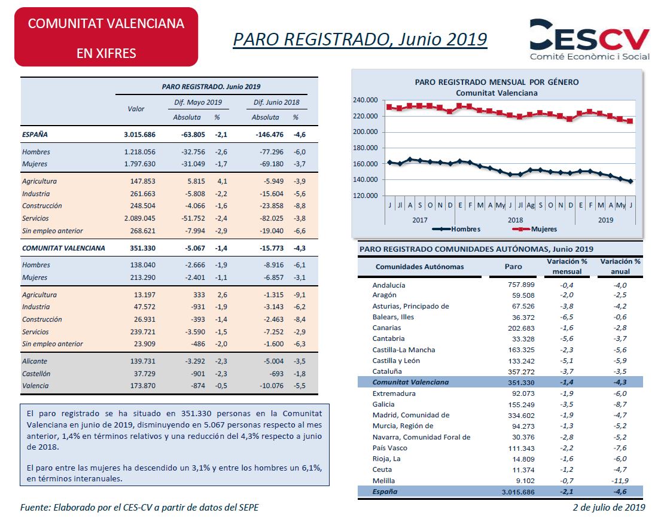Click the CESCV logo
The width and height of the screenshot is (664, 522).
(x=589, y=40)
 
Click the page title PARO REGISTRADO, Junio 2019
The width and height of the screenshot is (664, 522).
(x=360, y=39)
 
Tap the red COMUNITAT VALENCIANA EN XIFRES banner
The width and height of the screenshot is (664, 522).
(x=106, y=37)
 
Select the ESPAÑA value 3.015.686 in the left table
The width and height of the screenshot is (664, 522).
(x=139, y=135)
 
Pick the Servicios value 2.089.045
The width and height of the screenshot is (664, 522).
(x=139, y=218)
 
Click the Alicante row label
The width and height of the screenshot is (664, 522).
(x=35, y=361)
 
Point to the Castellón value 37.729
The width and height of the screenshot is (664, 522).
(x=144, y=374)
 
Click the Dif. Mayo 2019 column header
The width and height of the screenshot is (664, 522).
(x=198, y=102)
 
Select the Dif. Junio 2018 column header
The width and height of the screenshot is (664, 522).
(x=276, y=102)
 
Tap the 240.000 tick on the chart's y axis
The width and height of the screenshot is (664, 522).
(x=365, y=100)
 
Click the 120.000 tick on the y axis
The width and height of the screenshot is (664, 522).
(x=365, y=196)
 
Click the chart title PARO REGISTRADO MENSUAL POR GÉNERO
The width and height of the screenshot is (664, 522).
(x=497, y=82)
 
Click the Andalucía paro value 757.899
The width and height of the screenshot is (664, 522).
(x=521, y=285)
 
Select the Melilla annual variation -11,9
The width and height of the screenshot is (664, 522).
(x=620, y=481)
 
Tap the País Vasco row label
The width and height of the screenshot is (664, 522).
(x=389, y=448)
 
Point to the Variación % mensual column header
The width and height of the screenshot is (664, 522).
(x=567, y=266)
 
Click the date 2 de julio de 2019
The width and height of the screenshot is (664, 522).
(x=609, y=507)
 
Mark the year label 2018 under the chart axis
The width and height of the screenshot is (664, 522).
(x=516, y=219)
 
